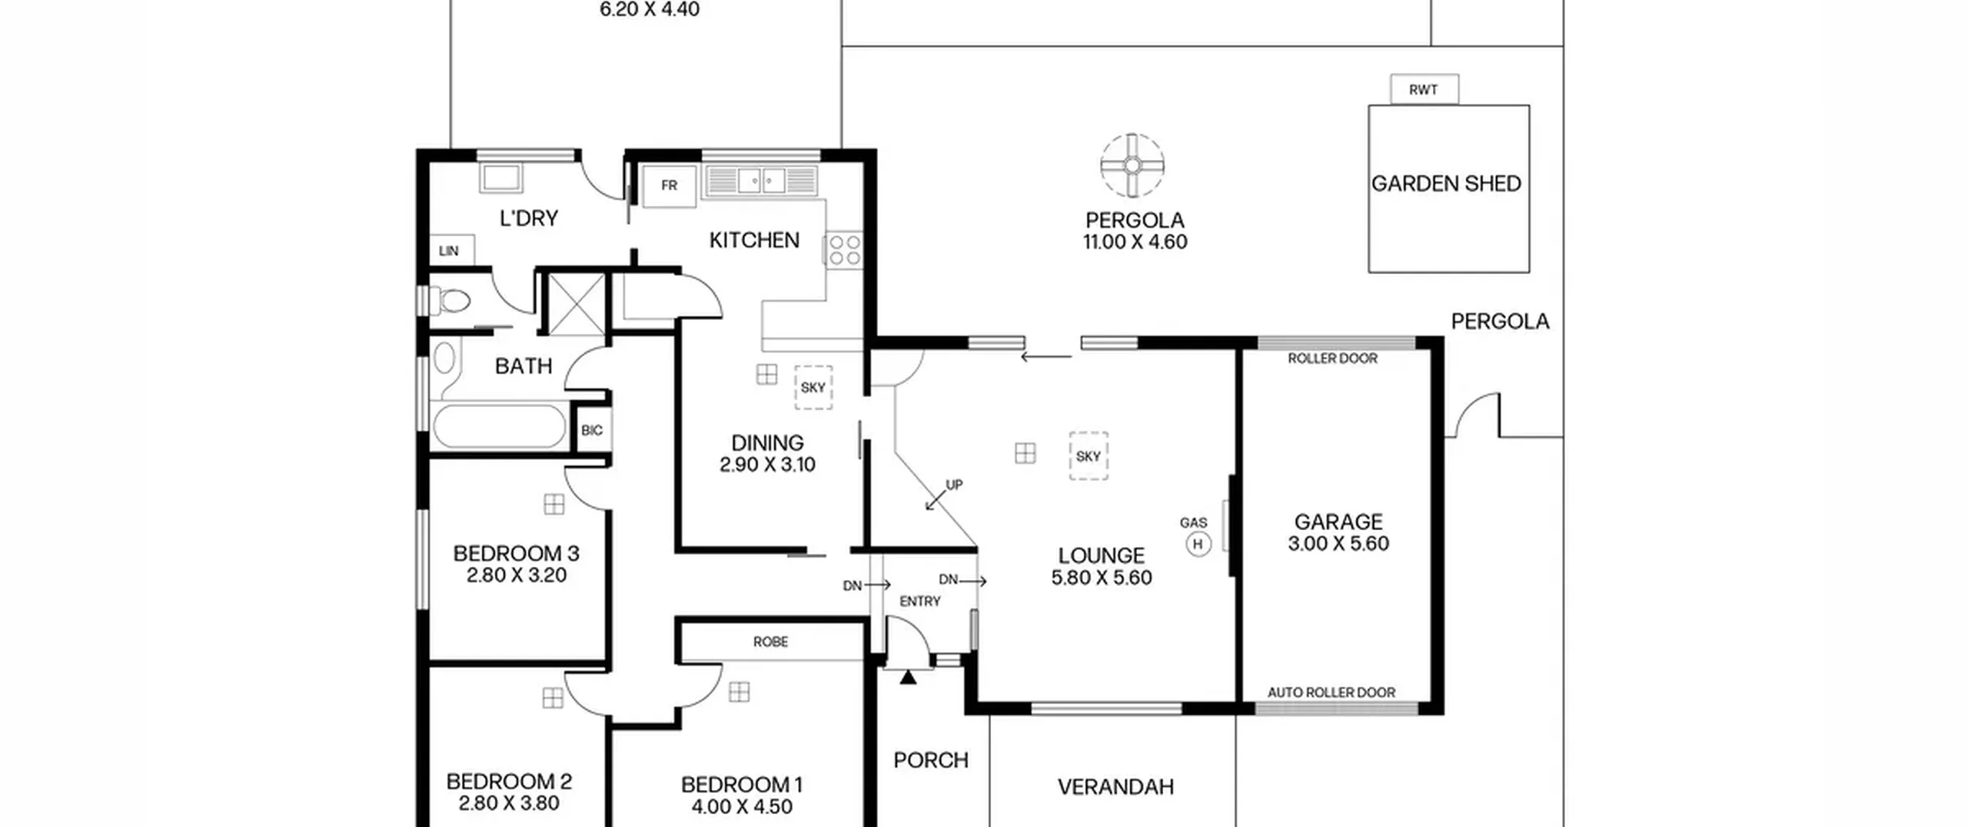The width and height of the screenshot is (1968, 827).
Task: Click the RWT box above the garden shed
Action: coord(1424,89)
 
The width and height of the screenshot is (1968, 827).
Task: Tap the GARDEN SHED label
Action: coord(1446,184)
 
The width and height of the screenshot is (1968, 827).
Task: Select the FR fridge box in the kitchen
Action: coord(670,185)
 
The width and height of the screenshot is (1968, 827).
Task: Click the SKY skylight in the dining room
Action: coord(813,387)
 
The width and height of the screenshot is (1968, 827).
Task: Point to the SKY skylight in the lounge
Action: coord(1089,456)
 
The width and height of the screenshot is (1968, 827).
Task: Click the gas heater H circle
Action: coord(1198,544)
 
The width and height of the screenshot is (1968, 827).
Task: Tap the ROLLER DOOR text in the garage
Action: coord(1332,358)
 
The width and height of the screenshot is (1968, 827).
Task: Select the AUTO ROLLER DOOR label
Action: coord(1331,692)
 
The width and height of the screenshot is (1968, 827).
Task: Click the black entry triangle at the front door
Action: coord(909,677)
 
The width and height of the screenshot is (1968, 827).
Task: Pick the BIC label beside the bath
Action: coord(592,430)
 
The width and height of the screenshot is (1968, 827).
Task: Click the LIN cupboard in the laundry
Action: coord(451,251)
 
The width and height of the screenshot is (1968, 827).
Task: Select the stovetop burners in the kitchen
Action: coord(845,250)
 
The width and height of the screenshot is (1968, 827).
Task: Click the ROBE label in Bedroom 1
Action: coord(770,642)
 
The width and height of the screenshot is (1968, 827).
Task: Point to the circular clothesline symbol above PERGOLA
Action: coord(1132,165)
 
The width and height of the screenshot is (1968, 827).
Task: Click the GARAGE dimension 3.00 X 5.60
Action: coord(1338,544)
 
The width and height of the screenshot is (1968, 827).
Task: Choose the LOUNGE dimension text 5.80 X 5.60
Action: coord(1102,578)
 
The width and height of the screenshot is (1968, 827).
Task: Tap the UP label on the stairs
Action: coord(954,485)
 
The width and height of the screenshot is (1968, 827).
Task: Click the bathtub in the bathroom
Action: coord(500,426)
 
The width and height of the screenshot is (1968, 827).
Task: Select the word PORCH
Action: coord(931,760)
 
